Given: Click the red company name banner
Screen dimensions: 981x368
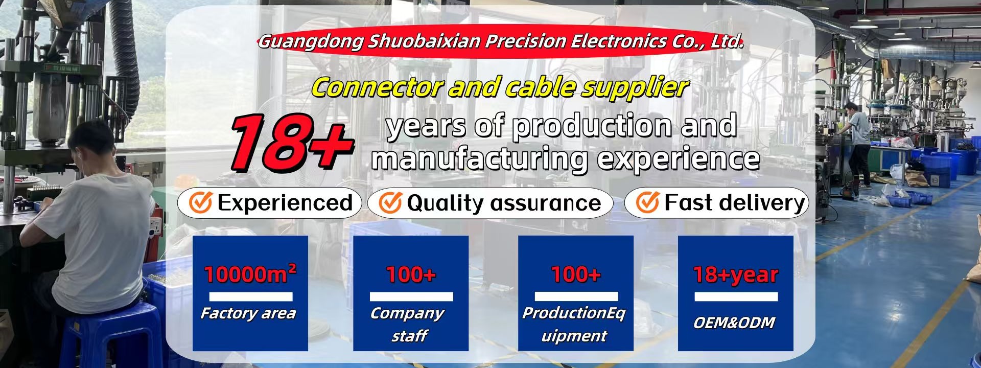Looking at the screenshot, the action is tap(501, 41).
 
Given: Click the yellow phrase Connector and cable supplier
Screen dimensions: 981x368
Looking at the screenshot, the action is tap(500, 87).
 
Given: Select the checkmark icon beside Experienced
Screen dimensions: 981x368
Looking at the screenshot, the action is tap(200, 202).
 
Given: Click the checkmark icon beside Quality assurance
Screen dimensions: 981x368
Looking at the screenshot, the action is tap(390, 202).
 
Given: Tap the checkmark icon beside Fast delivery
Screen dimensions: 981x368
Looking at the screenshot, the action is tap(647, 202).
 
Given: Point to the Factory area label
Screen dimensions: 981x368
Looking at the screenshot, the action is tap(248, 313).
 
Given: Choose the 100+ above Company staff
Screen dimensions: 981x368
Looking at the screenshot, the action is tap(411, 275).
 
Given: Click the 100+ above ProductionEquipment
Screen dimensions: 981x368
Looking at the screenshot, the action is tap(576, 275).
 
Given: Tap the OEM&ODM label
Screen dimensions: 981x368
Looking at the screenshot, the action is tap(734, 323).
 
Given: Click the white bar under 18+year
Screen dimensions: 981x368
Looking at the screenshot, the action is tap(736, 296).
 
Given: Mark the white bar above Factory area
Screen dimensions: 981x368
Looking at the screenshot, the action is tap(251, 296).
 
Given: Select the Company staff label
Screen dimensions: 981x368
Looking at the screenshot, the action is tap(407, 324).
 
